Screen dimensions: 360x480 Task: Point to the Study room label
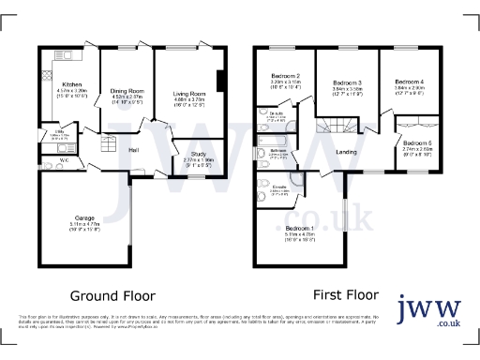tap(198, 155)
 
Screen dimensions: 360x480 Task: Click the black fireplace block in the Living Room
tap(221, 82)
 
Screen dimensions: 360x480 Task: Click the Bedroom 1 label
tap(299, 229)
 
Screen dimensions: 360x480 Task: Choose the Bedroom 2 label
tap(284, 76)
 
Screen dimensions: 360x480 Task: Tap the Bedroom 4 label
tap(409, 82)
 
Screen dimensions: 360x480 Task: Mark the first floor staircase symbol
tap(336, 127)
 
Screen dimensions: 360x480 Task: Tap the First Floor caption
tap(340, 292)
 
